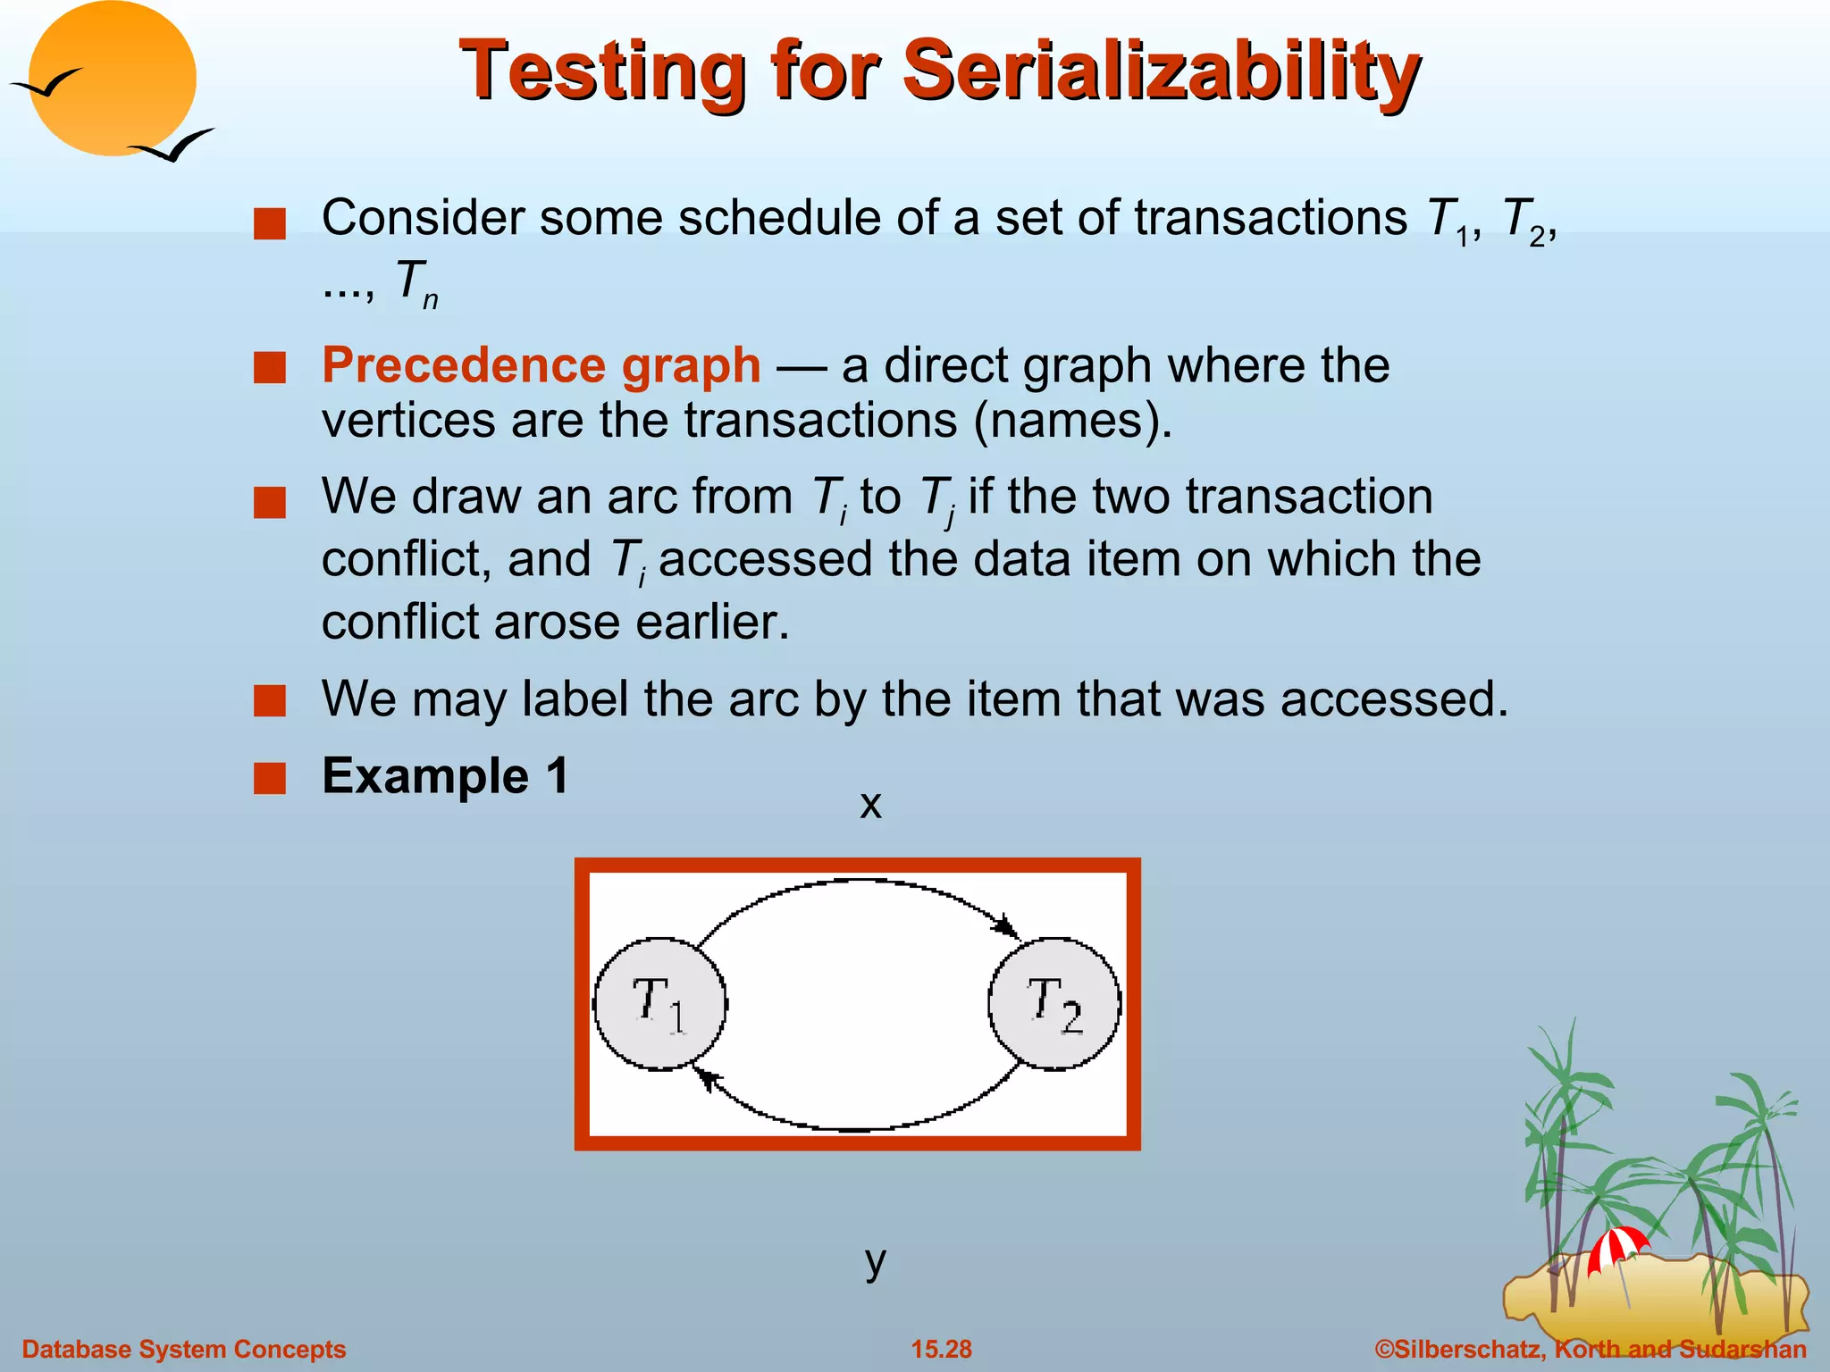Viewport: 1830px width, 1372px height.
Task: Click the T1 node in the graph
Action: point(660,1003)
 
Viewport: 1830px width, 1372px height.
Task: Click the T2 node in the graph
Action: point(1054,1003)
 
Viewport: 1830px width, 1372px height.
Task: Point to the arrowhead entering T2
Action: point(1009,927)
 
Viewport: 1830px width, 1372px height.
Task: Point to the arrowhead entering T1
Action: point(705,1078)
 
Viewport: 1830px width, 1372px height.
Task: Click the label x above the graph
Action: point(870,805)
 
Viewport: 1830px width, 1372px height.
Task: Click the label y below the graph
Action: point(875,1260)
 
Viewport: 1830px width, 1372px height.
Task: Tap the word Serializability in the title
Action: point(1161,71)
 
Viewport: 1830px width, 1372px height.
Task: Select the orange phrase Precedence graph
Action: point(541,365)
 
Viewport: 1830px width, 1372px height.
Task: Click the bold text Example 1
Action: point(445,775)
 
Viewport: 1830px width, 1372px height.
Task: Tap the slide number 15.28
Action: point(941,1349)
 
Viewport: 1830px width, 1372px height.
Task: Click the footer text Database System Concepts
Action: point(183,1349)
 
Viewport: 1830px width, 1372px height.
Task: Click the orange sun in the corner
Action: point(113,79)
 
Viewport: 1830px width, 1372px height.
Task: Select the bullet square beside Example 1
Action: point(269,778)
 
